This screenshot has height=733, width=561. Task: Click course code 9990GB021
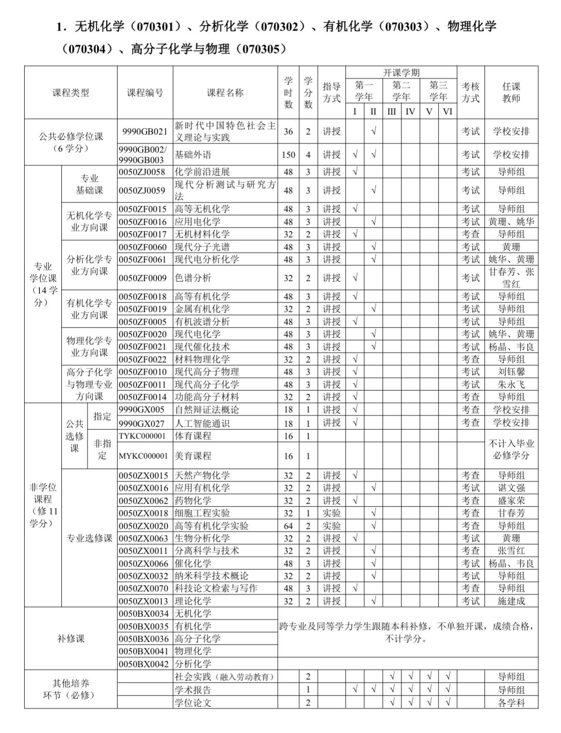coord(145,132)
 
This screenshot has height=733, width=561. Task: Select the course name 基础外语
coord(193,155)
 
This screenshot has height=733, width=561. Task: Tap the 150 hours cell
coord(288,155)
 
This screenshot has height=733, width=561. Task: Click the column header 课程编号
coord(145,93)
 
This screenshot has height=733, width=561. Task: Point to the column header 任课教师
coord(511,93)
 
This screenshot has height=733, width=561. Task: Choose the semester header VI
coord(447,112)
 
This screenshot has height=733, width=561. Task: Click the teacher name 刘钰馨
coord(511,372)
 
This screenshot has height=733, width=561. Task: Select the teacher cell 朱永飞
coord(511,384)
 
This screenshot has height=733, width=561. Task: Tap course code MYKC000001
coord(143,456)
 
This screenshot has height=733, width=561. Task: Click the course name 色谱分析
coord(193,278)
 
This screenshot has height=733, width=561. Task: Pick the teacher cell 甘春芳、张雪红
coord(511,278)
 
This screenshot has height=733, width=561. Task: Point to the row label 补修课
coord(70,638)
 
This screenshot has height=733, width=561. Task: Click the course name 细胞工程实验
coord(202,513)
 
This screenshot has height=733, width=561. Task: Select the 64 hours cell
coord(288,526)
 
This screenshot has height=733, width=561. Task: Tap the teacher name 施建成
coord(511,601)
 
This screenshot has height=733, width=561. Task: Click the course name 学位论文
coord(193,703)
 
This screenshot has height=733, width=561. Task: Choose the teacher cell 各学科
coord(511,703)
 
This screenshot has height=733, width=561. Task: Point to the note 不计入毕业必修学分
coord(511,449)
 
